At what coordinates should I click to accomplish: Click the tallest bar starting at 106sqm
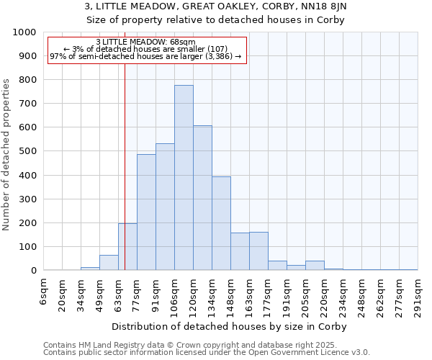tap(184, 178)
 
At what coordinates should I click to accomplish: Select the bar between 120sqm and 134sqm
tap(202, 198)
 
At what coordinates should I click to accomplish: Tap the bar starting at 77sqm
tap(146, 212)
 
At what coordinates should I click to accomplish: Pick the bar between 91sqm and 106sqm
tap(165, 207)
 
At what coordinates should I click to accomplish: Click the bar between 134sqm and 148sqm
tap(221, 224)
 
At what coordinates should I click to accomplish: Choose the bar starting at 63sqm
tap(127, 247)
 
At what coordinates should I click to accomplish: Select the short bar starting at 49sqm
tap(109, 263)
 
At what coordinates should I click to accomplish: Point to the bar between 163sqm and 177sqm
tap(258, 251)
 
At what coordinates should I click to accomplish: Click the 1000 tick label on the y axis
tap(24, 32)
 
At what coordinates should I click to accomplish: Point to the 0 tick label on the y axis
tap(33, 271)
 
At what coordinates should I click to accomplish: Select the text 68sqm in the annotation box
tap(181, 42)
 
